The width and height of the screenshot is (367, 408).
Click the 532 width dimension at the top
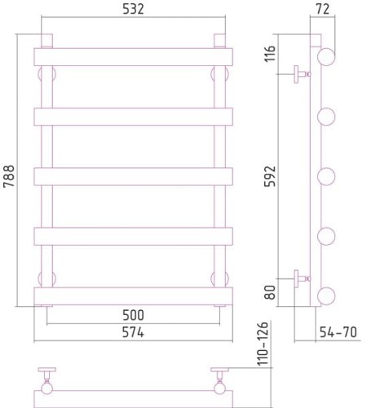click(133, 9)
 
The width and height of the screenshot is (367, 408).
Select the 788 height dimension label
click(9, 176)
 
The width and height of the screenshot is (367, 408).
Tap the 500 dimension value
click(133, 315)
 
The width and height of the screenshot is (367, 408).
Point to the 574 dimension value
click(133, 332)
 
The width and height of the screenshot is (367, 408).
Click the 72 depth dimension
click(323, 9)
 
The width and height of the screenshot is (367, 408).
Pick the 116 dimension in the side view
click(270, 54)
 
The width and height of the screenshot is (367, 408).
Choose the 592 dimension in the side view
click(270, 176)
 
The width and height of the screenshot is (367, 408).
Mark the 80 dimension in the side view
click(270, 292)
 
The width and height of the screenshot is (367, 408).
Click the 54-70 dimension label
click(338, 332)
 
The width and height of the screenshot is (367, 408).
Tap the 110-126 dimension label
click(263, 344)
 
